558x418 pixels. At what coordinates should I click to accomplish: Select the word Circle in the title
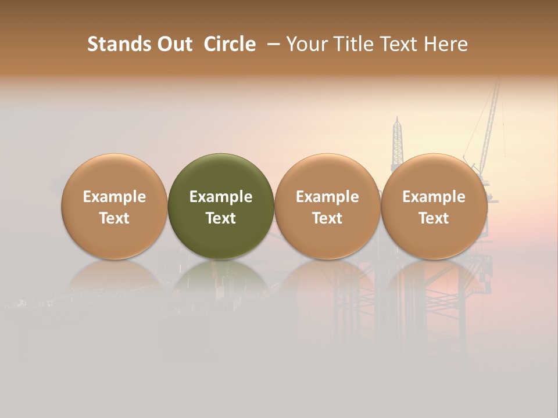(x=230, y=44)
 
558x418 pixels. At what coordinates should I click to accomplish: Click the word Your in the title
(x=305, y=44)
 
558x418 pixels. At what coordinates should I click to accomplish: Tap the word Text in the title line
(x=397, y=44)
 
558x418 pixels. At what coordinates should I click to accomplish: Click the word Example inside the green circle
(x=221, y=197)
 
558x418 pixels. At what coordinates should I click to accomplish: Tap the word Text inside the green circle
(x=221, y=218)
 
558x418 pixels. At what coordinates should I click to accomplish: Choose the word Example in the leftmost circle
(x=114, y=197)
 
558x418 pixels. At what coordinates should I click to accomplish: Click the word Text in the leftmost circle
(x=114, y=218)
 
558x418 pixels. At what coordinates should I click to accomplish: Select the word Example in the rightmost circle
(x=434, y=197)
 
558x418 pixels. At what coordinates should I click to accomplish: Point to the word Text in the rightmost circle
(x=434, y=218)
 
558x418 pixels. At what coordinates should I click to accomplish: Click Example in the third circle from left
(x=327, y=197)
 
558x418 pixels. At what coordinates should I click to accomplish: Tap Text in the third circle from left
(x=327, y=218)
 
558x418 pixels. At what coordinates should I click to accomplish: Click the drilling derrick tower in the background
(x=398, y=139)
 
